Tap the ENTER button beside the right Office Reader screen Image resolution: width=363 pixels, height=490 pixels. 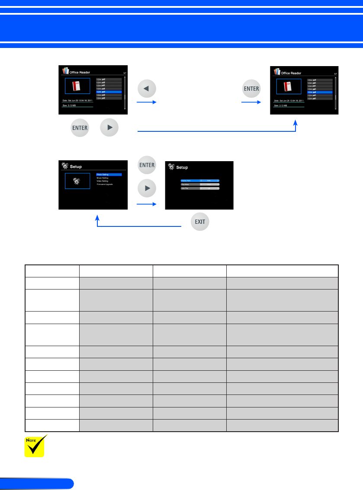[x=251, y=89]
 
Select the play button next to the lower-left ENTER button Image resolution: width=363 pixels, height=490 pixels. [x=109, y=128]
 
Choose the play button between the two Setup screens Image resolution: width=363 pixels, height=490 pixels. [x=146, y=189]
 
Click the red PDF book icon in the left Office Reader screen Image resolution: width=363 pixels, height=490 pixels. [x=77, y=86]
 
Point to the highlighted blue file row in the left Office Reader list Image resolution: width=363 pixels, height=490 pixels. [x=109, y=92]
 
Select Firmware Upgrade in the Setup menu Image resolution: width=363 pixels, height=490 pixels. [x=105, y=185]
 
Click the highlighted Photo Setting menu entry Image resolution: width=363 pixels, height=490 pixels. [x=109, y=175]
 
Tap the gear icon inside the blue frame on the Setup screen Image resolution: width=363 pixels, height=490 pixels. [x=77, y=181]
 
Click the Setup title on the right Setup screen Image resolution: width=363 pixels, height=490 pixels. [x=182, y=167]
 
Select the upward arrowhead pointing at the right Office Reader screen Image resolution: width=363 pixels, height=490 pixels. [x=296, y=123]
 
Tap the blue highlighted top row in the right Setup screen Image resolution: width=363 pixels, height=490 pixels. [x=199, y=180]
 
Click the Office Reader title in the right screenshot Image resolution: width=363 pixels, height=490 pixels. [x=291, y=73]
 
